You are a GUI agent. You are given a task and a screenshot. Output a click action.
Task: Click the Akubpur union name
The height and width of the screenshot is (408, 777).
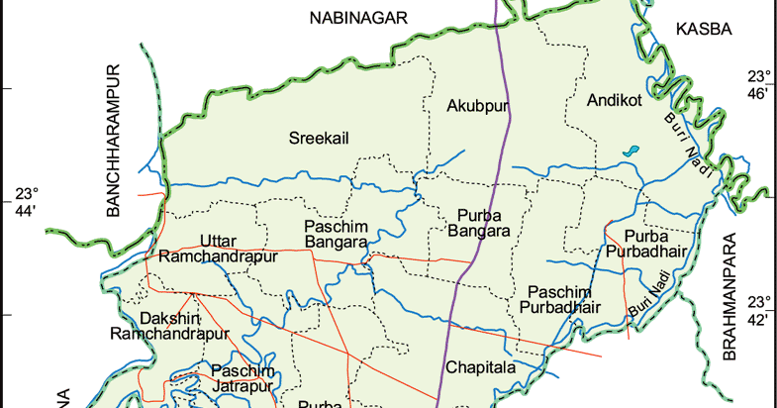pos(476,105)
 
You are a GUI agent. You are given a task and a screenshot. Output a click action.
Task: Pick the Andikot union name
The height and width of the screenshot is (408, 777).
pos(615,100)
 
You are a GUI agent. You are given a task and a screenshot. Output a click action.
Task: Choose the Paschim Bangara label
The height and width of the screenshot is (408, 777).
pos(336,234)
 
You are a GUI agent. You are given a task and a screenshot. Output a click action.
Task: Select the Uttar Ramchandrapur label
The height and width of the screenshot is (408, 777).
pos(225,248)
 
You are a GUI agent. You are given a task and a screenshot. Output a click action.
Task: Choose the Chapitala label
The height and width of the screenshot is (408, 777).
pos(481,367)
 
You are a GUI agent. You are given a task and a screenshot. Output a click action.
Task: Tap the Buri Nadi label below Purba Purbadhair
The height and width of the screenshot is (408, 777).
pos(649,300)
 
